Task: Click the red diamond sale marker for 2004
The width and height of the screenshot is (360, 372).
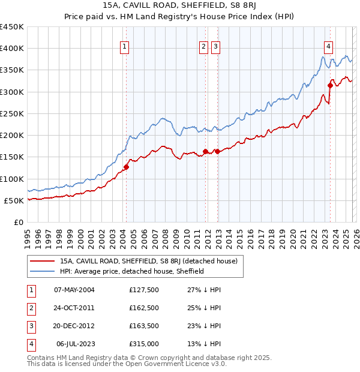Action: coord(126,167)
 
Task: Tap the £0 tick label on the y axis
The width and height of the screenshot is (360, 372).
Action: coord(18,222)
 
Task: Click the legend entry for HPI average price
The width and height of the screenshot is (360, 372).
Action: coord(132,271)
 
